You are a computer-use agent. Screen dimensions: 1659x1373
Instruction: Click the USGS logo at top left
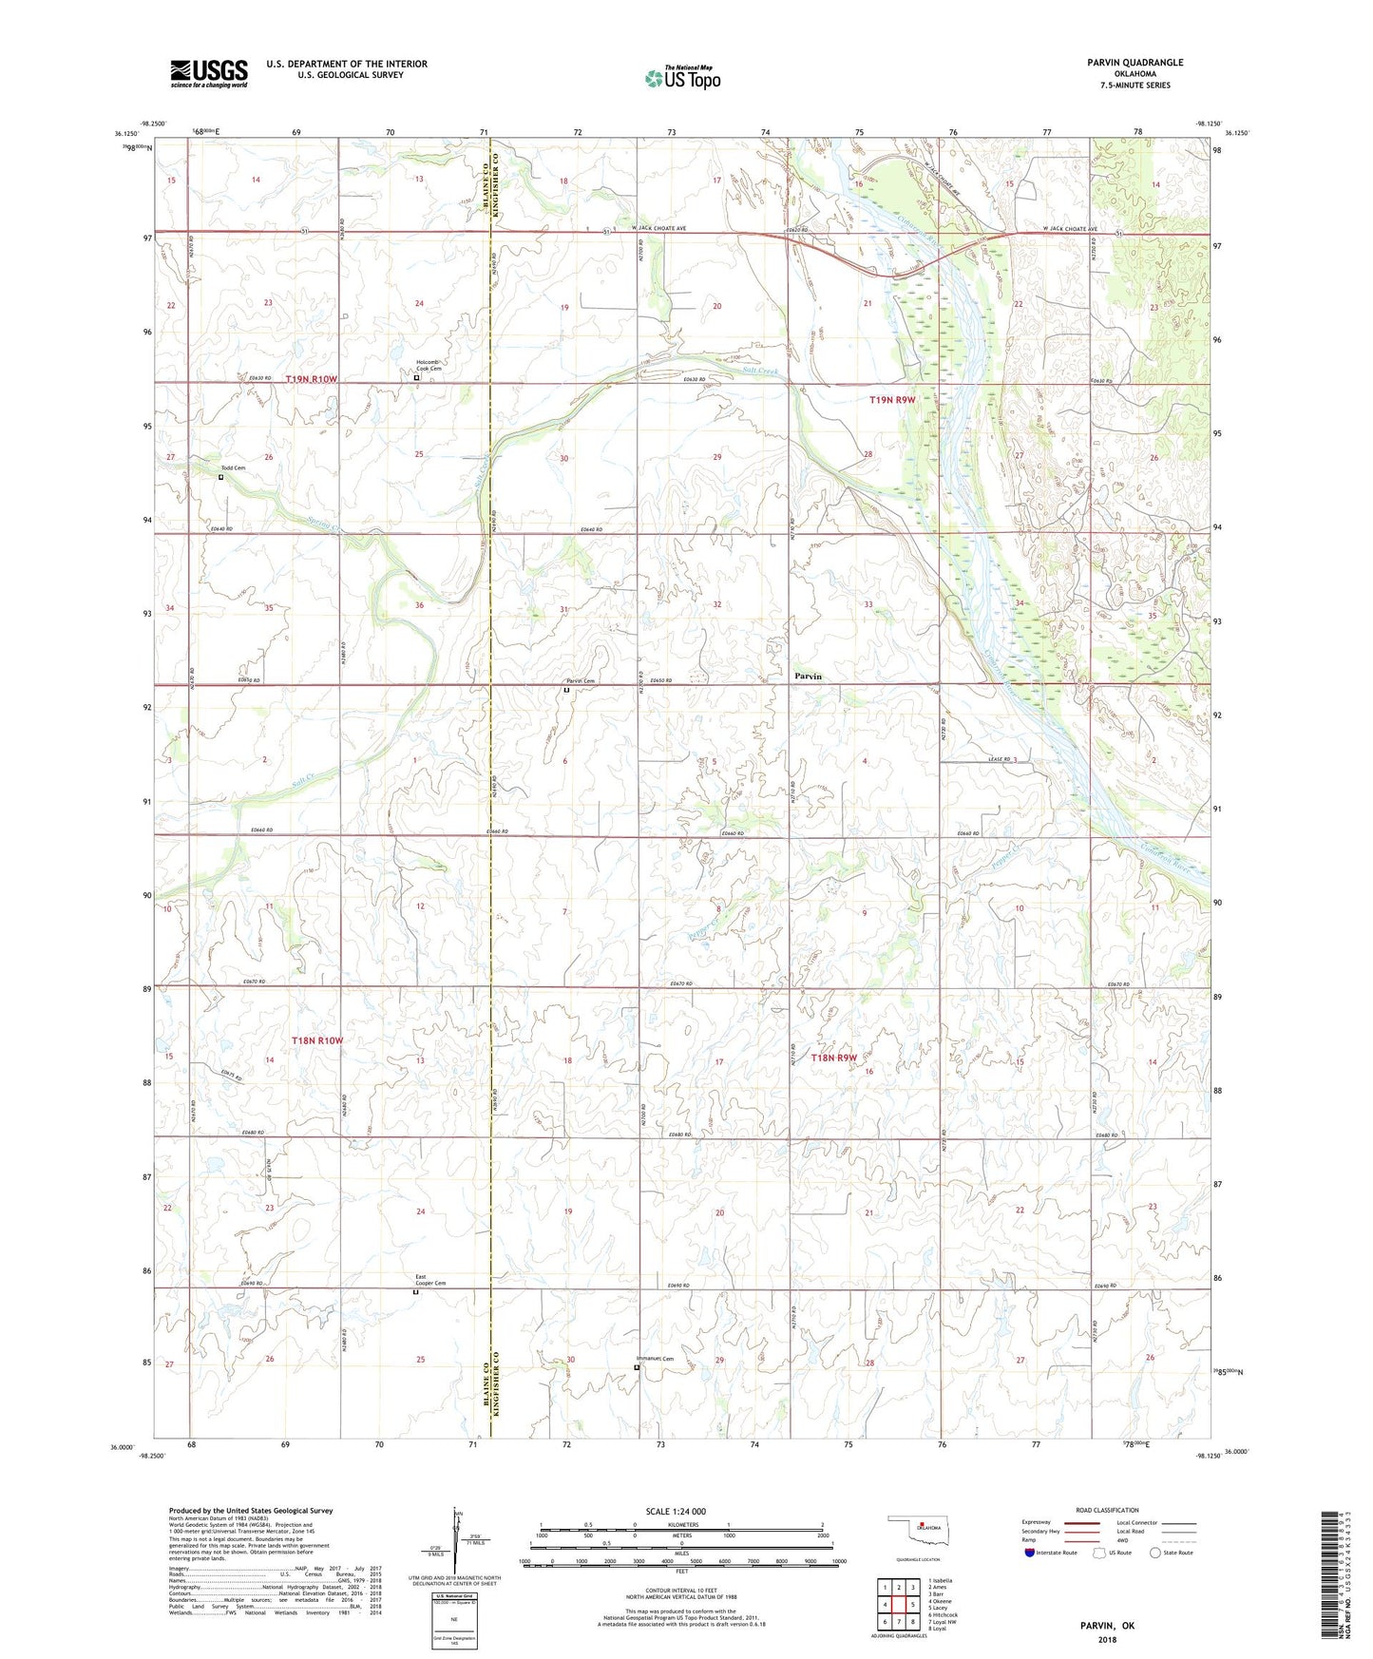[209, 73]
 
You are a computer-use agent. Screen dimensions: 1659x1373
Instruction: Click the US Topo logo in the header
[682, 78]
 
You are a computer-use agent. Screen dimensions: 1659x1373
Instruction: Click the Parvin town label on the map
[808, 677]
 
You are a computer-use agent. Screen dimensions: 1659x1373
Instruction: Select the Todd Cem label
[233, 468]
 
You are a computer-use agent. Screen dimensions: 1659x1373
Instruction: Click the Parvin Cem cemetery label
[580, 681]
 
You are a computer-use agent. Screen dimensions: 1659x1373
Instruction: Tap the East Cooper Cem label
[429, 1280]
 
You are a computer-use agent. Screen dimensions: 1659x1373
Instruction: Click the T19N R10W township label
[311, 379]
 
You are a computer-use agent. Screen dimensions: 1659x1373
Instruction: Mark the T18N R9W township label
[833, 1058]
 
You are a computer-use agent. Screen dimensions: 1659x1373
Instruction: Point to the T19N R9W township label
[892, 400]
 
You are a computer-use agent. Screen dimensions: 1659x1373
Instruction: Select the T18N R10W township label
[316, 1040]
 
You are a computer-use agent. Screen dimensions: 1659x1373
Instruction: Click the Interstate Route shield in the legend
[1031, 1553]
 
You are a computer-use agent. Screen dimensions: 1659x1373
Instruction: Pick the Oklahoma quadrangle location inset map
[916, 1532]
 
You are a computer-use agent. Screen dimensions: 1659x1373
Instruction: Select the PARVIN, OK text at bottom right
[1107, 1625]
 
